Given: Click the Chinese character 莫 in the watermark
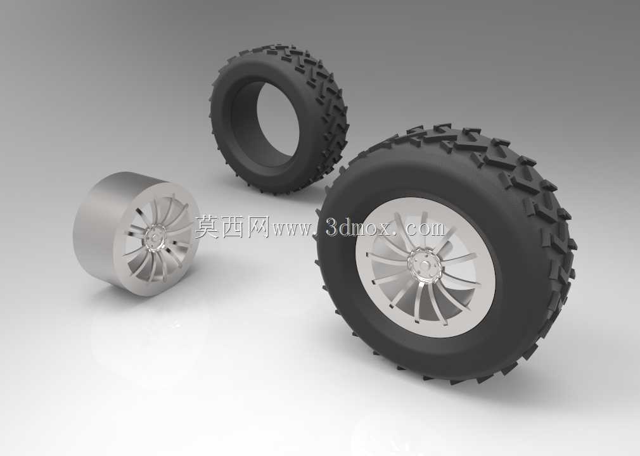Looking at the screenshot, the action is [x=207, y=227].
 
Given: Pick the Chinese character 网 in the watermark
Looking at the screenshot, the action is [x=257, y=227].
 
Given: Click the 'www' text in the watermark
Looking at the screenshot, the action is [x=291, y=230].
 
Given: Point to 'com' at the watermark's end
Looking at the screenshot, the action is [x=425, y=229].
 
